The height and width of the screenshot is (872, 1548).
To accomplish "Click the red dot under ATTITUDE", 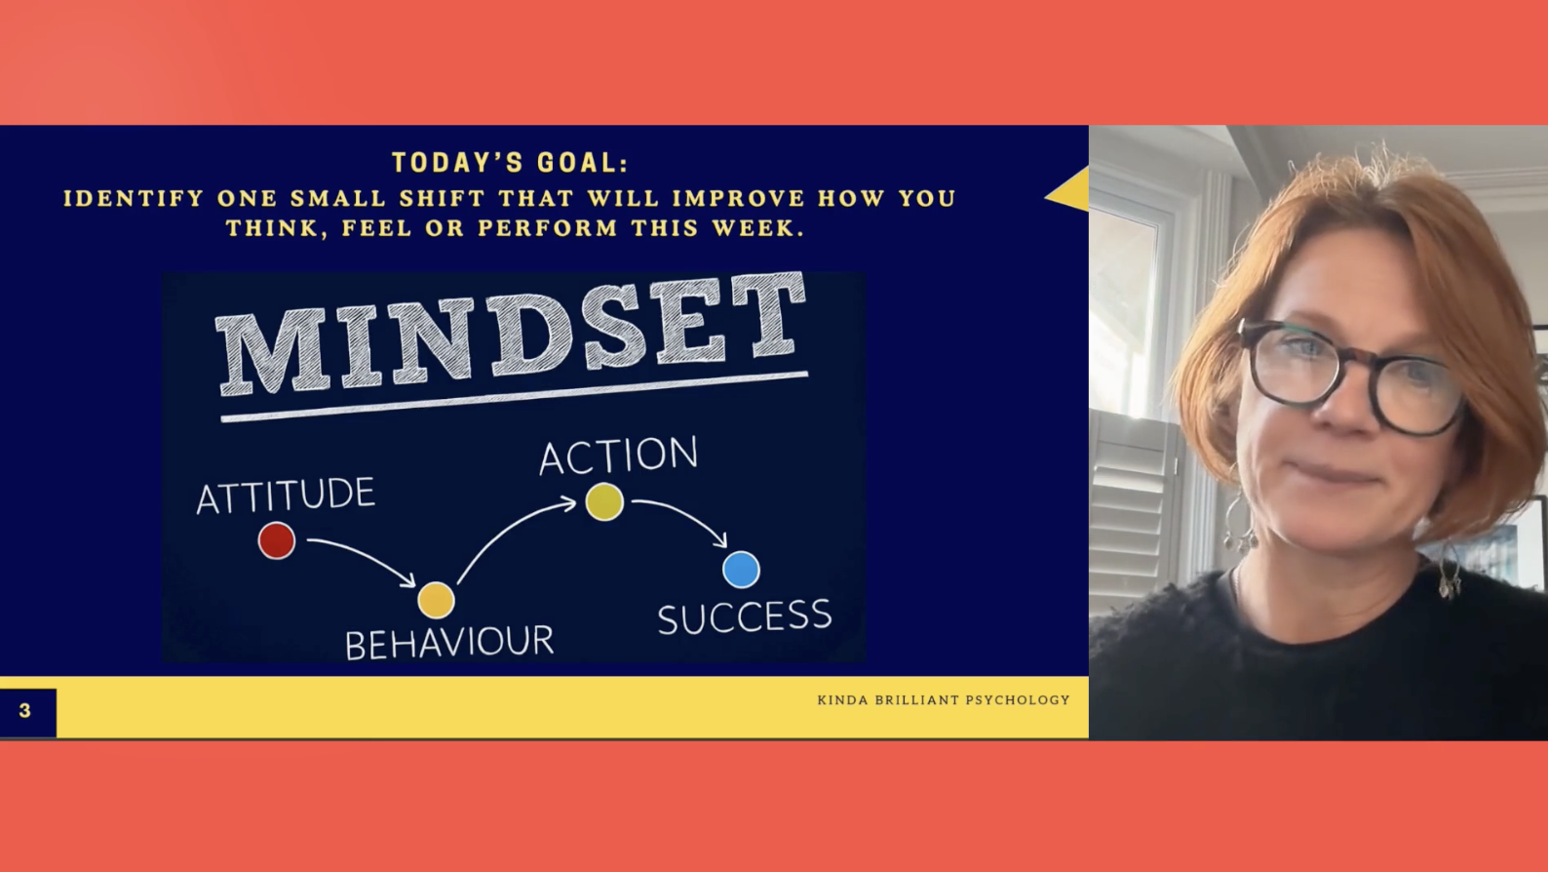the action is tap(277, 540).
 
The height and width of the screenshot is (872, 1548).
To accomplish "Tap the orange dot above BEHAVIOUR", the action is tap(436, 600).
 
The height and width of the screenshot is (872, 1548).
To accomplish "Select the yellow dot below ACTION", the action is tap(604, 501).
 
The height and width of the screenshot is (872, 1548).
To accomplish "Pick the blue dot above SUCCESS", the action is tap(741, 570).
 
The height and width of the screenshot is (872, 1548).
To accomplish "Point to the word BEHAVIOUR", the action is tap(449, 643).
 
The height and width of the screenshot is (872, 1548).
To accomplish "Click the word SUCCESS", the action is tap(745, 616).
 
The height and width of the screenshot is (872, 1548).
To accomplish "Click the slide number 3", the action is tap(25, 710).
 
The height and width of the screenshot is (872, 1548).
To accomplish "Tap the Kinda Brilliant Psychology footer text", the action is tap(944, 699).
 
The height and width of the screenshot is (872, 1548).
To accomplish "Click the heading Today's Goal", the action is tap(510, 163).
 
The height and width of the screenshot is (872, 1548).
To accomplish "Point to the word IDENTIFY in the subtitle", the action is tap(135, 198).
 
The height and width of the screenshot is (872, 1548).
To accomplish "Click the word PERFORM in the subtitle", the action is tap(548, 228).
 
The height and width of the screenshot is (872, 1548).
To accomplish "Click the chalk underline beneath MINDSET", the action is tap(514, 397).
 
